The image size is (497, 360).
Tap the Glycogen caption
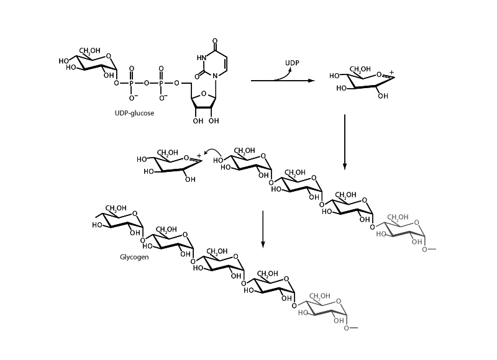[134, 256]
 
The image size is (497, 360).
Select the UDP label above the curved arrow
[293, 63]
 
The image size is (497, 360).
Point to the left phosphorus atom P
[131, 82]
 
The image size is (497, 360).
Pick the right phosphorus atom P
[162, 82]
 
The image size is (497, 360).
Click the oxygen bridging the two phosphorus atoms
[147, 82]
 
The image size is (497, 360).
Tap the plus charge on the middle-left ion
[199, 155]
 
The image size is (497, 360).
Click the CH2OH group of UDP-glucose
[89, 50]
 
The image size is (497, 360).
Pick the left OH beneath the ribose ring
[198, 120]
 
